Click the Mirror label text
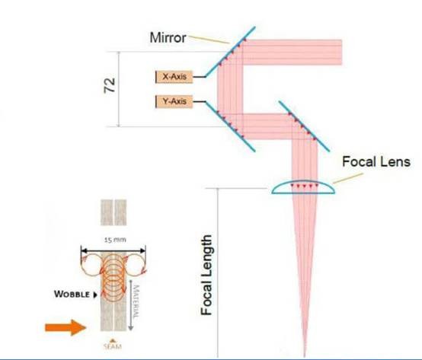coord(168,37)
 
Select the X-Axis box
coord(174,77)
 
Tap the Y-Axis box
coord(174,102)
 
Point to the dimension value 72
coord(110,85)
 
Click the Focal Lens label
coord(376,162)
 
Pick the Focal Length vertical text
coord(206,275)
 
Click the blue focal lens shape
coord(303,187)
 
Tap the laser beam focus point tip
coord(305,355)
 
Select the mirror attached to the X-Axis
coord(230,52)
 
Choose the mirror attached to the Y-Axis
coord(230,126)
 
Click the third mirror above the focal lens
coord(304,126)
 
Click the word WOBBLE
coord(72,294)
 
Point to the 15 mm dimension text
coord(115,240)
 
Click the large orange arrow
coord(66,327)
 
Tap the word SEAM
coord(113,346)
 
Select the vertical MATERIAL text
coord(136,301)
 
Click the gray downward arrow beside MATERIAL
coord(130,305)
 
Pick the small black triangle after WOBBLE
coord(95,295)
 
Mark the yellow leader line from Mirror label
coord(209,40)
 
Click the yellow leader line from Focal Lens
coord(348,178)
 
